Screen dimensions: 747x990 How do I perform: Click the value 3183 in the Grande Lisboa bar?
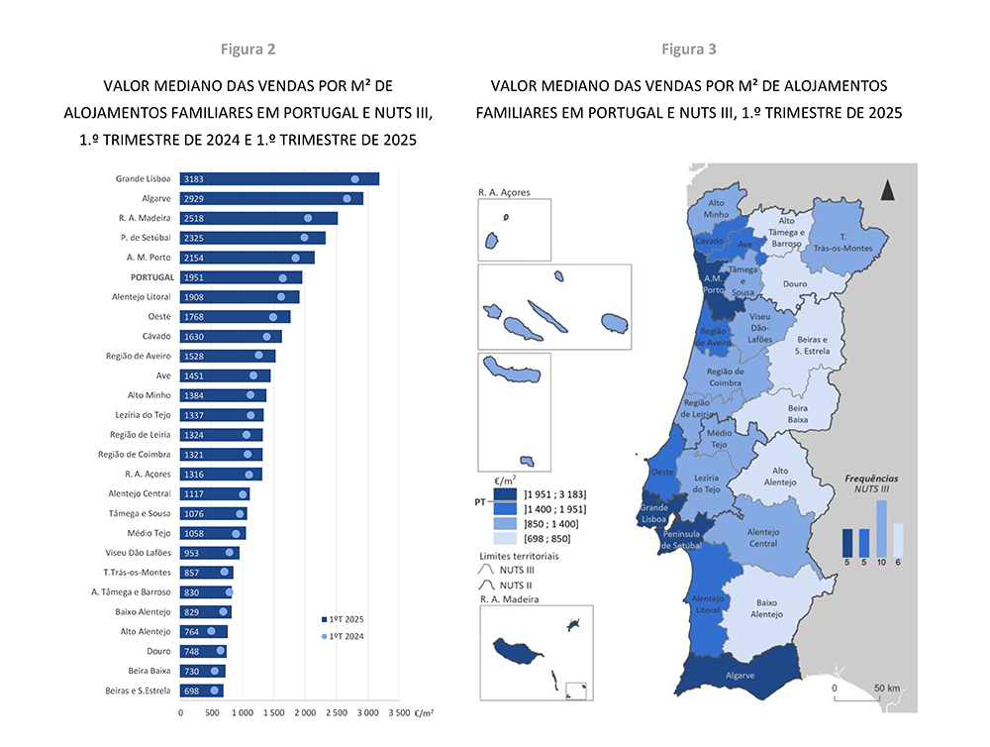coord(194,179)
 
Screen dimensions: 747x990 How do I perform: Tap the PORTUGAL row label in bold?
coord(150,277)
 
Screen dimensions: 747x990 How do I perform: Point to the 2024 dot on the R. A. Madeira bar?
coord(308,218)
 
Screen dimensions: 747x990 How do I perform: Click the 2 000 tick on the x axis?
coord(306,711)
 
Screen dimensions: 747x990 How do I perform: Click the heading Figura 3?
coord(689,49)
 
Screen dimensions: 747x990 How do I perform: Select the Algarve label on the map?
coord(741,676)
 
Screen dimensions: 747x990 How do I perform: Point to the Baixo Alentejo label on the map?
coord(766,607)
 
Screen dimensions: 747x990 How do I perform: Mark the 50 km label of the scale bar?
coord(886,688)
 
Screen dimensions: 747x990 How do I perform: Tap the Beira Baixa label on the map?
coord(798,414)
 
